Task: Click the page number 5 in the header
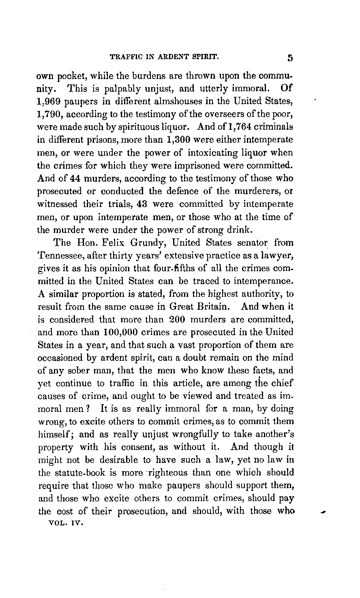290,58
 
